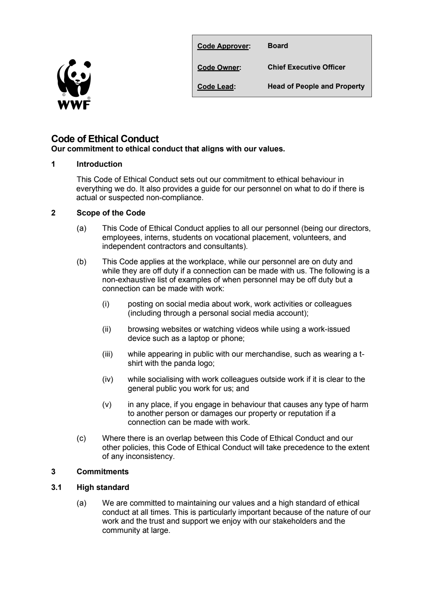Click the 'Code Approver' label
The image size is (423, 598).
[223, 46]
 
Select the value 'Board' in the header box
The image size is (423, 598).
[278, 46]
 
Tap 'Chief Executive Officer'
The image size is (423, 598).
[306, 67]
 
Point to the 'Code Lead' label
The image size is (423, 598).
[216, 87]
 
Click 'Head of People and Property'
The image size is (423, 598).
[316, 86]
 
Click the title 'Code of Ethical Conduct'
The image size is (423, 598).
[105, 139]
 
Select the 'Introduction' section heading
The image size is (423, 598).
[99, 164]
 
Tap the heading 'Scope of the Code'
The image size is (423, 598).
[111, 213]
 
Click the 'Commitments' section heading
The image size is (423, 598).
[102, 472]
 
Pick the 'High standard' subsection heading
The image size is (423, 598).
[103, 488]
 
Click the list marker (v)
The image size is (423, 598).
[107, 405]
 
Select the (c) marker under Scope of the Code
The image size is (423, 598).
[81, 438]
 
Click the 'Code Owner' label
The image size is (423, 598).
[219, 68]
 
